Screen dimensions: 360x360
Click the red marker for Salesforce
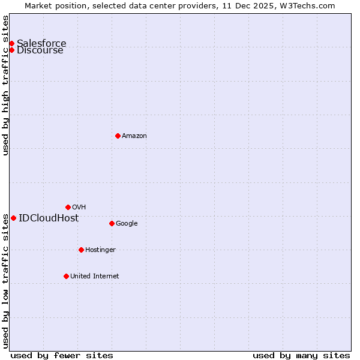click(11, 43)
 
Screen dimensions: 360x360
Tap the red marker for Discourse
click(11, 50)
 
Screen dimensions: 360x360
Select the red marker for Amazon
click(118, 136)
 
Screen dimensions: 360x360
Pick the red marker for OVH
click(68, 207)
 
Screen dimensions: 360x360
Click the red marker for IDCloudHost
click(13, 218)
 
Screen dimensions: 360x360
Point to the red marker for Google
click(112, 223)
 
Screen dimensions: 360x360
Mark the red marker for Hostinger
click(81, 250)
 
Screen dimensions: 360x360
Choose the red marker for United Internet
click(66, 276)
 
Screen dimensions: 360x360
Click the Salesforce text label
click(41, 43)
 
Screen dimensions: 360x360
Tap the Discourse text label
click(40, 50)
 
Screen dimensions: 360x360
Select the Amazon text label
click(134, 136)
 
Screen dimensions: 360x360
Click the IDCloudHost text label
click(49, 218)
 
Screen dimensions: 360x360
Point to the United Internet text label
click(94, 277)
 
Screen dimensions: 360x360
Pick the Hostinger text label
click(100, 250)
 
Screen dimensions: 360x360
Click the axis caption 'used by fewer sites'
click(62, 355)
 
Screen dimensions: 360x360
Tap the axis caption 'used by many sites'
click(301, 355)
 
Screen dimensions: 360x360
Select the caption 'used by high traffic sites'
click(6, 85)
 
